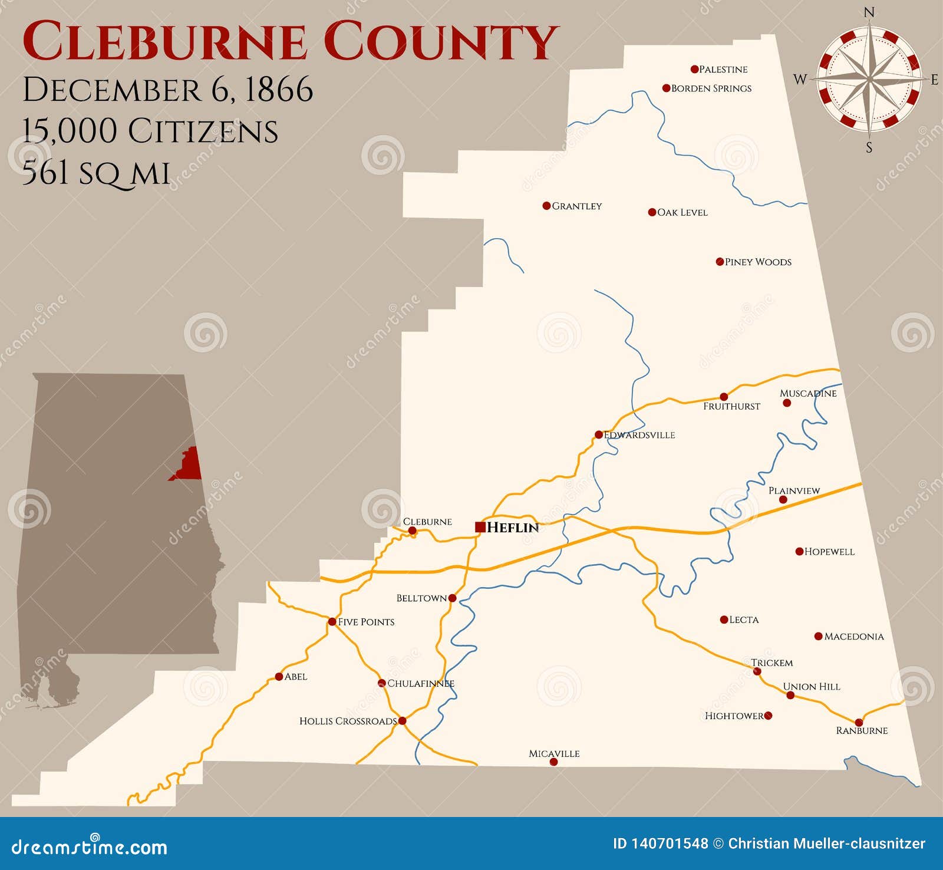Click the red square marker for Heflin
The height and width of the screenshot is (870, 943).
click(x=480, y=527)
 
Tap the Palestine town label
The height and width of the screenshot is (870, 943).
click(x=723, y=70)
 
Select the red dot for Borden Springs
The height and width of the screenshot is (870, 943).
click(x=667, y=88)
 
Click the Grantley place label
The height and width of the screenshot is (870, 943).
click(x=576, y=206)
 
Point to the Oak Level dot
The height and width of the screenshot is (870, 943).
click(x=652, y=212)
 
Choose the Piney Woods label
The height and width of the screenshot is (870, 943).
click(x=758, y=262)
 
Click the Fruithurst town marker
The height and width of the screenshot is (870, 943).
click(x=724, y=397)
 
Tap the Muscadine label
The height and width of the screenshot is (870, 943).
click(x=808, y=393)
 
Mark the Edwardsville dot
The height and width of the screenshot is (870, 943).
click(x=599, y=435)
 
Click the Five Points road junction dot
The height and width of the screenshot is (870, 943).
click(x=332, y=622)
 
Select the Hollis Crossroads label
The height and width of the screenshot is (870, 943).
click(x=348, y=721)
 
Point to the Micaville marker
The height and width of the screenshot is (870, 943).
click(x=553, y=762)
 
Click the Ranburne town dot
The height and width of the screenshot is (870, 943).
click(x=859, y=723)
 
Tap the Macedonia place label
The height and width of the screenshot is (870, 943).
click(x=854, y=637)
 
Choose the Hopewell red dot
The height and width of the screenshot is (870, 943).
click(x=799, y=552)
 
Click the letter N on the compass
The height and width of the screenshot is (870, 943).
click(x=869, y=12)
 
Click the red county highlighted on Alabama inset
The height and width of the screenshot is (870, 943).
click(x=190, y=464)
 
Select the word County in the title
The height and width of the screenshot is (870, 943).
click(x=439, y=41)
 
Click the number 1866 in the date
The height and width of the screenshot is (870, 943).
click(x=278, y=90)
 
